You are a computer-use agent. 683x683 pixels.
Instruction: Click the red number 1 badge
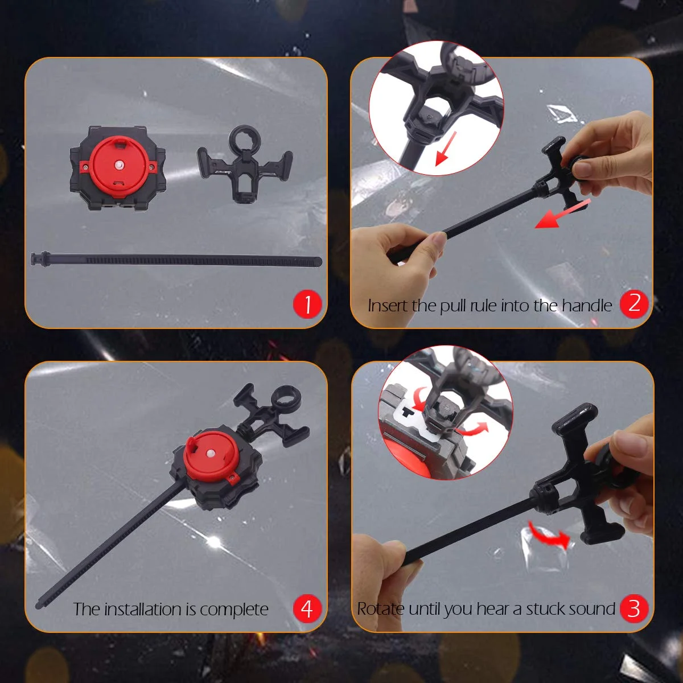(307, 304)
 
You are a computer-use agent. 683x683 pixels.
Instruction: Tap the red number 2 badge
(634, 304)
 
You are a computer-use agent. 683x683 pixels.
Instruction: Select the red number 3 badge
(634, 608)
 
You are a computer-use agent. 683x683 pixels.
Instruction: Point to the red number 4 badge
(307, 608)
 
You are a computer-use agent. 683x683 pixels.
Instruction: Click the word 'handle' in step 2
(587, 305)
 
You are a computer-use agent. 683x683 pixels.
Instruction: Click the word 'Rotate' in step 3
(380, 608)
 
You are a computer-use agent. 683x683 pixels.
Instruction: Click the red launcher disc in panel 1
(118, 166)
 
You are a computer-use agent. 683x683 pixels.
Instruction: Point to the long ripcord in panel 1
(176, 260)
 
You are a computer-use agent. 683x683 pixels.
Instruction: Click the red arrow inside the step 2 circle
(446, 149)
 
